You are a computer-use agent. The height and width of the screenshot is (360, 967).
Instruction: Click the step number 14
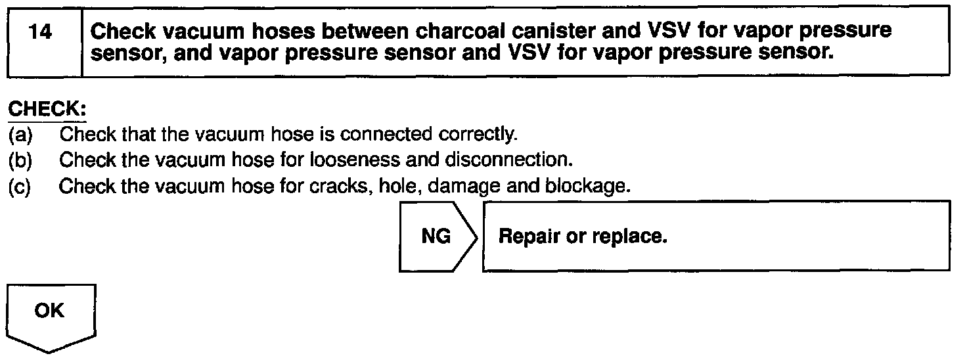pos(41,32)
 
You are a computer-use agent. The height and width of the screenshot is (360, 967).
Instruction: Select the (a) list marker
pos(22,135)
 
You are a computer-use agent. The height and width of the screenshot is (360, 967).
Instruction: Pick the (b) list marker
pos(22,161)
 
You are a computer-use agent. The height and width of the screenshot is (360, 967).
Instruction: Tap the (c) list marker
pos(22,187)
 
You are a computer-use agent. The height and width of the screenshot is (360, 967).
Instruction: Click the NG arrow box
pos(437,236)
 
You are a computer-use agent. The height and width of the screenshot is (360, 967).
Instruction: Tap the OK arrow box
pos(51,315)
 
